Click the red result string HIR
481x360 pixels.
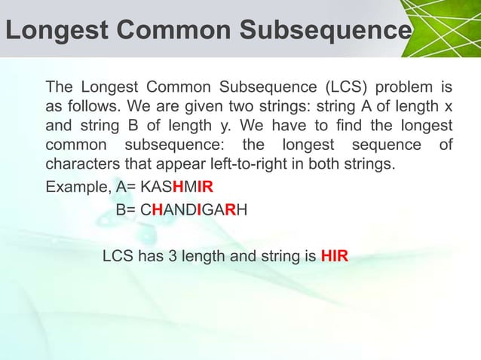pyautogui.click(x=334, y=255)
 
